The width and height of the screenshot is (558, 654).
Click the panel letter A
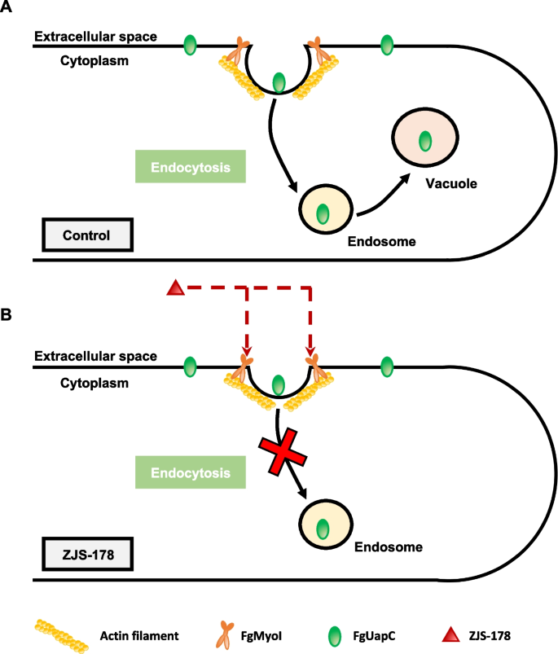[x=9, y=10]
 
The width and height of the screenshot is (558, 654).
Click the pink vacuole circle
[x=424, y=140]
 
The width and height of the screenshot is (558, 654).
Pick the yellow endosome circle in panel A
[x=323, y=213]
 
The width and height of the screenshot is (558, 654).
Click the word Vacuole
[x=448, y=184]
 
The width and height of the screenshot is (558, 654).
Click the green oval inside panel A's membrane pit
[x=279, y=82]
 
